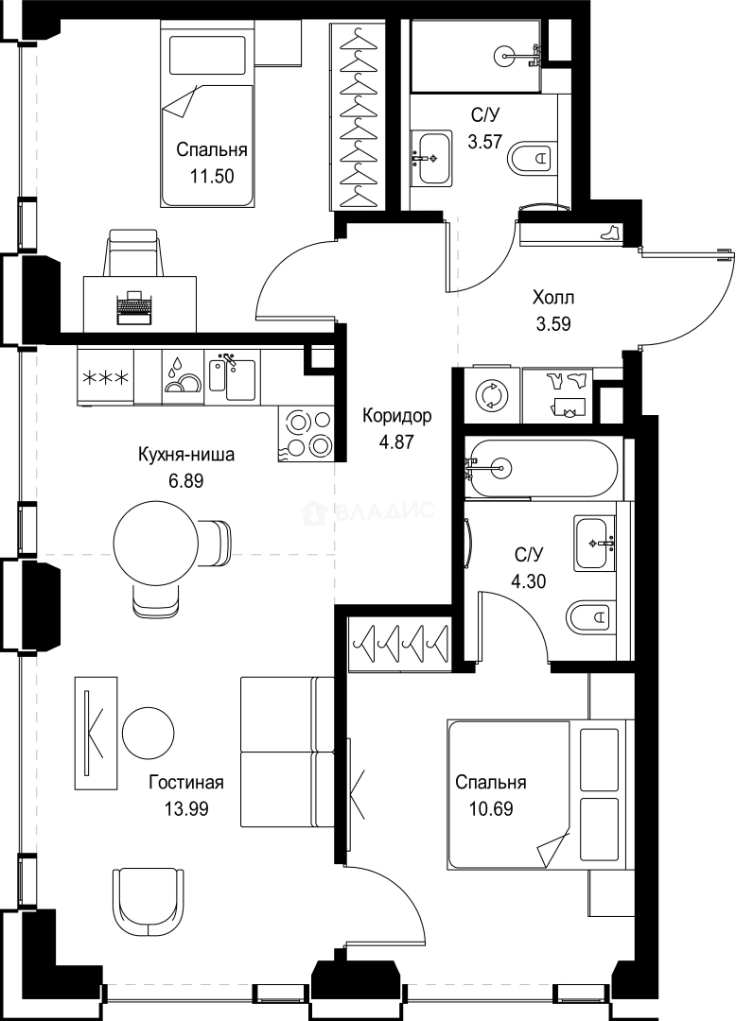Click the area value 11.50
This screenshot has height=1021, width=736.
click(212, 175)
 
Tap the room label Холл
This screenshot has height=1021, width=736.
click(554, 298)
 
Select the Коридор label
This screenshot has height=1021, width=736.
click(397, 416)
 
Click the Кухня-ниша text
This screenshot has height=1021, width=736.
click(185, 456)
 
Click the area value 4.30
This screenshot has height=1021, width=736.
click(529, 581)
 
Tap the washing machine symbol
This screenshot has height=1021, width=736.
click(492, 394)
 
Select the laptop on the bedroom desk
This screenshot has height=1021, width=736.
click(134, 307)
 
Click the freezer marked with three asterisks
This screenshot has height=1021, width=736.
click(105, 378)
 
